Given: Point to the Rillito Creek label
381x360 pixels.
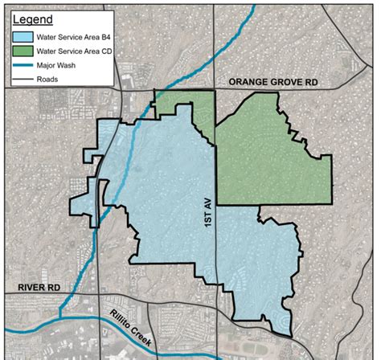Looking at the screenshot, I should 131,321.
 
